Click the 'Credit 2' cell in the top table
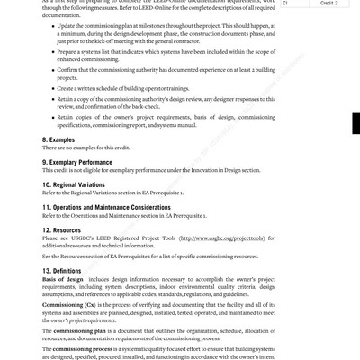pyautogui.click(x=329, y=4)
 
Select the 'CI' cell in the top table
pyautogui.click(x=285, y=4)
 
